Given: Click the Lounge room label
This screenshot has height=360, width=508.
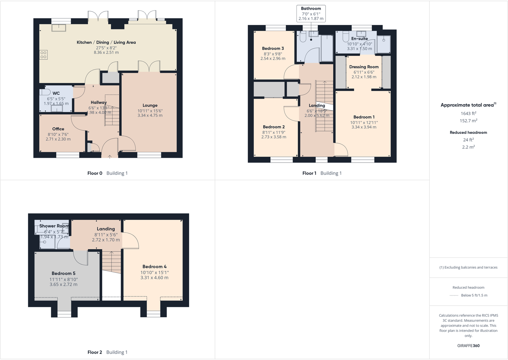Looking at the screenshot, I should click(150, 105).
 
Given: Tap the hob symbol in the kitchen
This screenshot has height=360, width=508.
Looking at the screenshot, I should click(43, 55).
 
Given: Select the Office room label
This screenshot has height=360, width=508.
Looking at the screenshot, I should click(58, 129).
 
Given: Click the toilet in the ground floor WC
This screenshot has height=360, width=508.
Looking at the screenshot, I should click(45, 92).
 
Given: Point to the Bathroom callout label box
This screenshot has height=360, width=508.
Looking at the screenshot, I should click(311, 13).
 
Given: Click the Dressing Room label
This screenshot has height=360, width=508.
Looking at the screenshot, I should click(364, 67).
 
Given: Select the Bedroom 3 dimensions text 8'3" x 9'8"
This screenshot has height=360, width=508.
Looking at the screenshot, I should click(273, 54).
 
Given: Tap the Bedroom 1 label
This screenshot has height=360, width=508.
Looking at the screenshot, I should click(364, 117).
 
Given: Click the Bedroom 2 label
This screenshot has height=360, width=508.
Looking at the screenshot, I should click(273, 127).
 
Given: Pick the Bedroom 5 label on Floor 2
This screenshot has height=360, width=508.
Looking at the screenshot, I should click(64, 273).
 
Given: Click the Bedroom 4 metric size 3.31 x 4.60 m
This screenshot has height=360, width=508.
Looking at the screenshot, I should click(154, 278).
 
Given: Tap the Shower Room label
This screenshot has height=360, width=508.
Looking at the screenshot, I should click(54, 226).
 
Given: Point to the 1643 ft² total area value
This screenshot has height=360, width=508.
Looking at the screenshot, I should click(468, 113).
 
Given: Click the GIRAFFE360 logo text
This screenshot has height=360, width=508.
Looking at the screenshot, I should click(468, 346).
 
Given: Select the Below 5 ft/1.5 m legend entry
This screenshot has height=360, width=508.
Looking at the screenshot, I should click(474, 295).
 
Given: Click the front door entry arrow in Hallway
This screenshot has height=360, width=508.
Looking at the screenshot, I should click(110, 157).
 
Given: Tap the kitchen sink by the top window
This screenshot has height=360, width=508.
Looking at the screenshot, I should click(59, 28).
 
